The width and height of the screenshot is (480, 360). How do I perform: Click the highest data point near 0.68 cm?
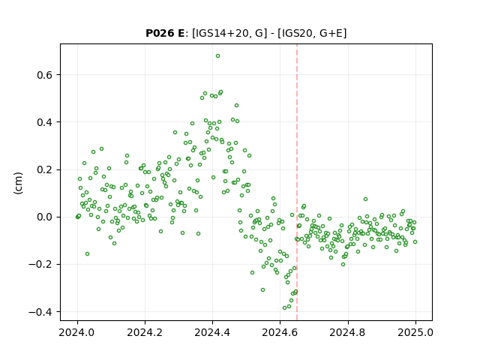tap(217, 56)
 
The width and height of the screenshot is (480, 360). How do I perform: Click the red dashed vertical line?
tap(297, 182)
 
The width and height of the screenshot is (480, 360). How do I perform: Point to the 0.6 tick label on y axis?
tap(45, 75)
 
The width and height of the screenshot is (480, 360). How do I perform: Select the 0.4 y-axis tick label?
tap(45, 122)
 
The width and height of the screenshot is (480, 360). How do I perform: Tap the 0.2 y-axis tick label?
tap(45, 170)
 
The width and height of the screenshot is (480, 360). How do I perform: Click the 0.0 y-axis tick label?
tap(45, 217)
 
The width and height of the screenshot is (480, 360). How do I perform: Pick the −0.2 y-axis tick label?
tap(41, 265)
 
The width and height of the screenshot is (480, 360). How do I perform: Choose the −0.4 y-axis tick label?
tap(41, 312)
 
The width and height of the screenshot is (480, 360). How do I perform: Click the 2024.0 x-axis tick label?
tap(77, 332)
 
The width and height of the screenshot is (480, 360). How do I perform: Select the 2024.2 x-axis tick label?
tap(145, 332)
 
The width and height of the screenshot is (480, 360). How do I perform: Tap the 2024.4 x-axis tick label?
tap(212, 332)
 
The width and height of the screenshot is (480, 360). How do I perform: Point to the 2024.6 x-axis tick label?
tap(280, 332)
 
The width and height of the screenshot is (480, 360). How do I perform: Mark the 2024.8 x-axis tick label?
tap(348, 332)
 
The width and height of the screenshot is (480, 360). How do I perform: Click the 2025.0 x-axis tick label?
tap(415, 332)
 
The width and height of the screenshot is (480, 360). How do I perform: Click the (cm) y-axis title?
tap(18, 183)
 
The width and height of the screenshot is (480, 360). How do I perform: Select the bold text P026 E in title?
tap(165, 33)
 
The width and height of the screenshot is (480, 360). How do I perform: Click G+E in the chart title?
tap(331, 33)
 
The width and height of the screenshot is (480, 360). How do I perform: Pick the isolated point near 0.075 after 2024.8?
tap(365, 199)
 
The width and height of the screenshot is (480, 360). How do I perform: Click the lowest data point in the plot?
tap(285, 308)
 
